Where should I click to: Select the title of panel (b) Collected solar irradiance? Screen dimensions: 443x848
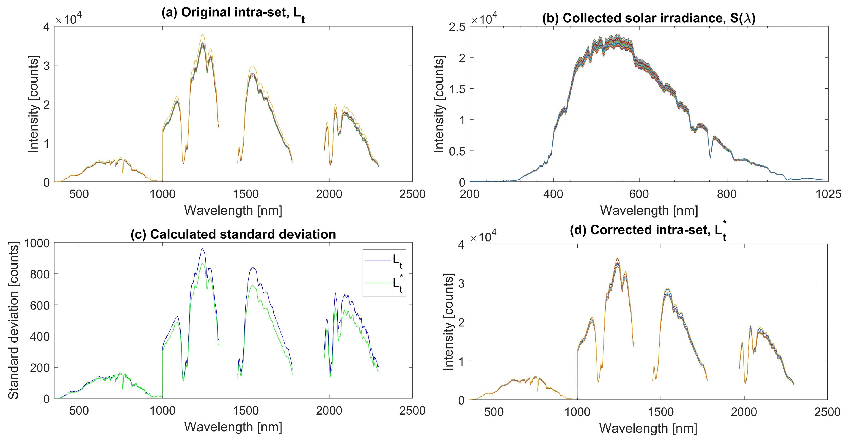tap(649, 18)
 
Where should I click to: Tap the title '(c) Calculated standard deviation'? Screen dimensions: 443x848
tap(233, 234)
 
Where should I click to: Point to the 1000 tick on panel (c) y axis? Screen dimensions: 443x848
tap(36, 243)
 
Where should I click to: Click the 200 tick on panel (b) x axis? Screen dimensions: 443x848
tap(470, 194)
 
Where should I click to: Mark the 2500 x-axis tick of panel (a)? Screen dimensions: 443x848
tap(412, 194)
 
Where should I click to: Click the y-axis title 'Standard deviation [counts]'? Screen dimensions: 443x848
tap(13, 321)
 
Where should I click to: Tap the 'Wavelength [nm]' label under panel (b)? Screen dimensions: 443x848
tap(649, 210)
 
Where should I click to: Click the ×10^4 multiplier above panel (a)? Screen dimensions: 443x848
tap(69, 19)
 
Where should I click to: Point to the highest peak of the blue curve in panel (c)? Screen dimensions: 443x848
tap(202, 249)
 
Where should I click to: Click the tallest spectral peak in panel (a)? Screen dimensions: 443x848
tap(203, 35)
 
